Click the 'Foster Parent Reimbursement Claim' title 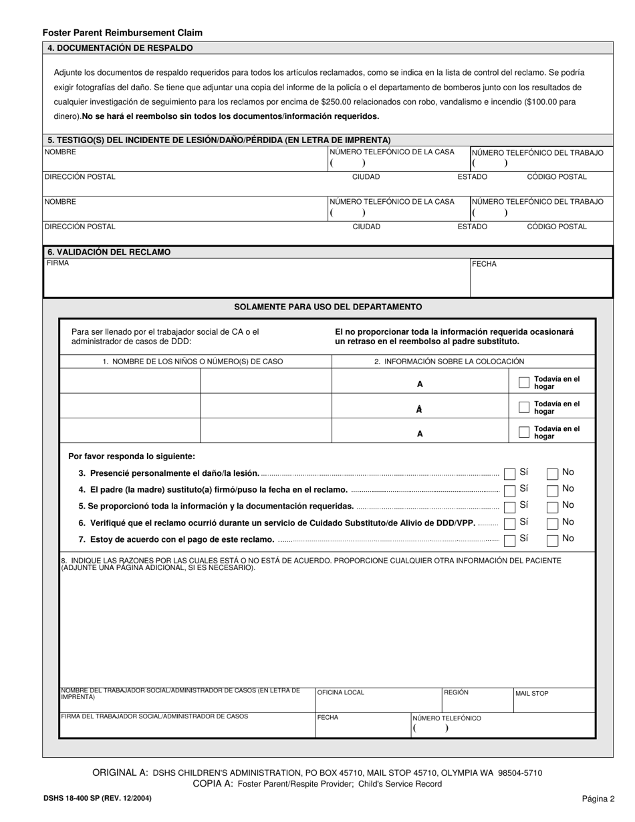coord(122,32)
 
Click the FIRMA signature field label coord(57,263)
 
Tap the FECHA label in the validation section coord(485,264)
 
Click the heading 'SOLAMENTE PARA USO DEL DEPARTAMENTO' coord(328,307)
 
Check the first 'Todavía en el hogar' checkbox coord(524,382)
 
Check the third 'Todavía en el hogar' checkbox coord(524,432)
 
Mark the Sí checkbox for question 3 coord(509,474)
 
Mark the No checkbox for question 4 coord(552,491)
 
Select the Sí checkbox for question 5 coord(509,507)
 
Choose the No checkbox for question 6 coord(552,523)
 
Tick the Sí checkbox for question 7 coord(509,540)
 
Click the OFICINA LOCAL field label coord(341,692)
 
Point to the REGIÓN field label coord(456,692)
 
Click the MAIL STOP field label coord(531,694)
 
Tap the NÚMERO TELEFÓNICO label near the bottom coord(447,718)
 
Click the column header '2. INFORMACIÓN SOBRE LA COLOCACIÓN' coord(449,362)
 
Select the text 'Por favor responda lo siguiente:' coord(132,456)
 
